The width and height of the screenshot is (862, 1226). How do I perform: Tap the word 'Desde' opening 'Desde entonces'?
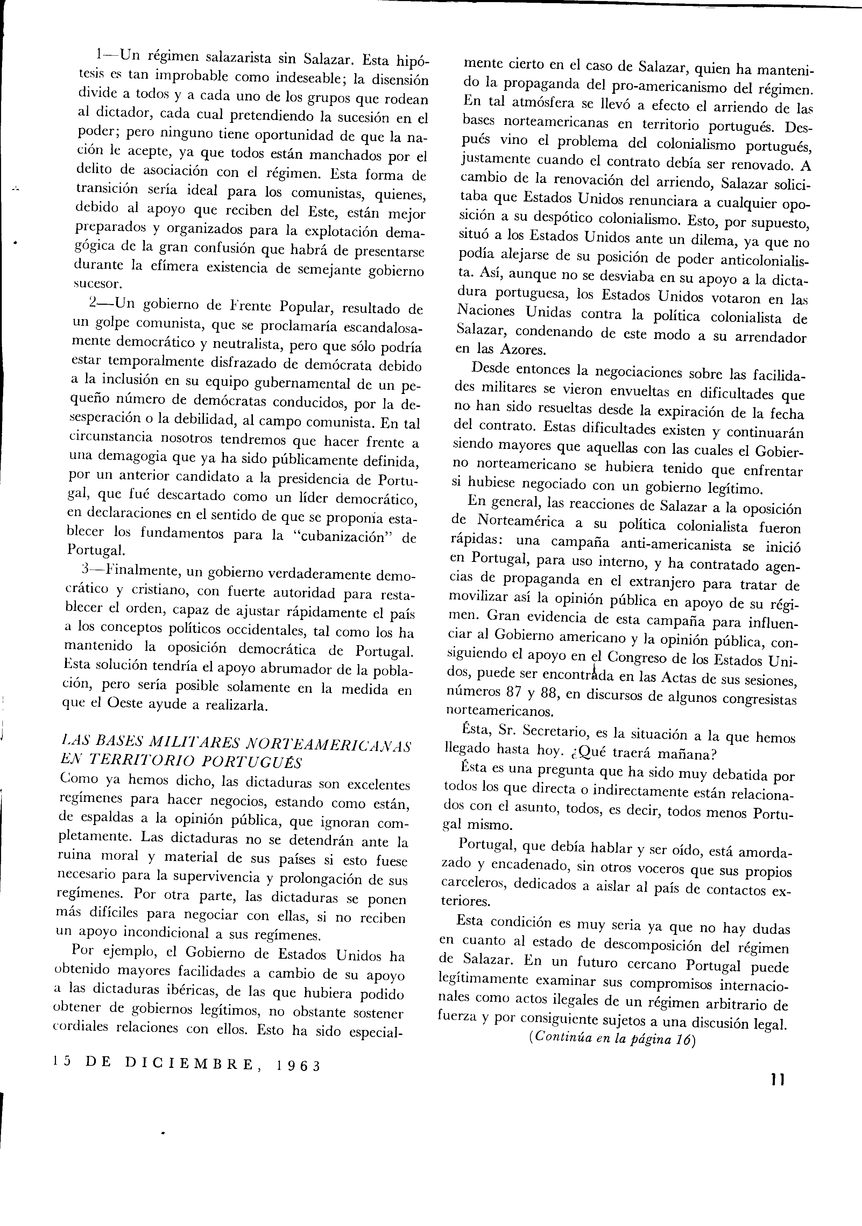pos(491,370)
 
